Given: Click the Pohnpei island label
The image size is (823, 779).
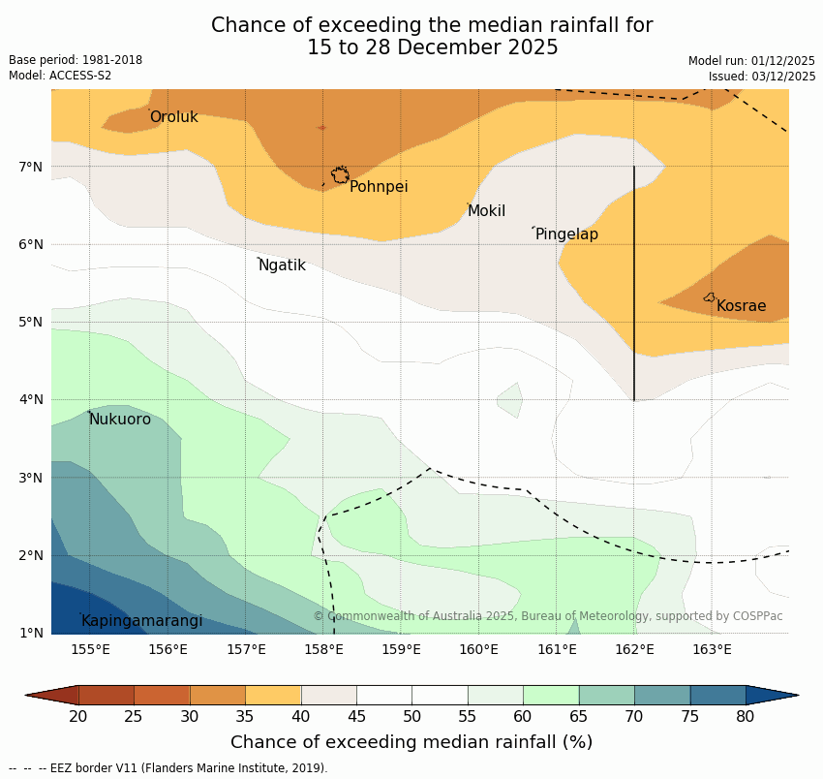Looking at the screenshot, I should click(x=379, y=187).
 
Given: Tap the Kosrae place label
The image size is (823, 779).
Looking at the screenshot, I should click(x=741, y=306).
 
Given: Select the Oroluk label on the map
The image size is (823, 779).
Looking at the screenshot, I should click(x=173, y=117).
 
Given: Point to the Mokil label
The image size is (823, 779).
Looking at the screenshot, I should click(x=486, y=211).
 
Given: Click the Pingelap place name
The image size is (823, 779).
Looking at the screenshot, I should click(x=566, y=234).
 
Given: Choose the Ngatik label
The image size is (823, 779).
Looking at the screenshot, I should click(x=282, y=265).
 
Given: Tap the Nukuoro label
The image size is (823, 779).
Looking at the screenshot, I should click(x=120, y=420).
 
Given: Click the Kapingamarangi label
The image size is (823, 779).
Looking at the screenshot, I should click(x=142, y=621).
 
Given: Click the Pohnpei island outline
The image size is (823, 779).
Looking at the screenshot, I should click(x=340, y=175).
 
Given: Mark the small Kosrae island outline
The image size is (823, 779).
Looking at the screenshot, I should click(x=710, y=297).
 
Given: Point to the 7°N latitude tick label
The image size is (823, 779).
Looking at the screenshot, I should click(x=31, y=167).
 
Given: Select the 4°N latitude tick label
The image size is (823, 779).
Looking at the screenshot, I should click(x=31, y=399).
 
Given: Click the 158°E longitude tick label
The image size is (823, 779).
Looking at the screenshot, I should click(x=323, y=649).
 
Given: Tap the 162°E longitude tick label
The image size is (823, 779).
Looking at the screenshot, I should click(x=634, y=649).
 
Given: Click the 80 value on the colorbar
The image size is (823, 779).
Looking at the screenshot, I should click(x=746, y=717).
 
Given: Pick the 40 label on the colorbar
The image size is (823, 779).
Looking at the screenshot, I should click(x=301, y=717).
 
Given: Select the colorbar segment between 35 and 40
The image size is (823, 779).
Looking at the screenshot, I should click(x=273, y=695).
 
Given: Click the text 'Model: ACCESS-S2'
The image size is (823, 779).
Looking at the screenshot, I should click(x=60, y=76).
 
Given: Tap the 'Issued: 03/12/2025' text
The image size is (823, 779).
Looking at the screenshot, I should click(x=761, y=77).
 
